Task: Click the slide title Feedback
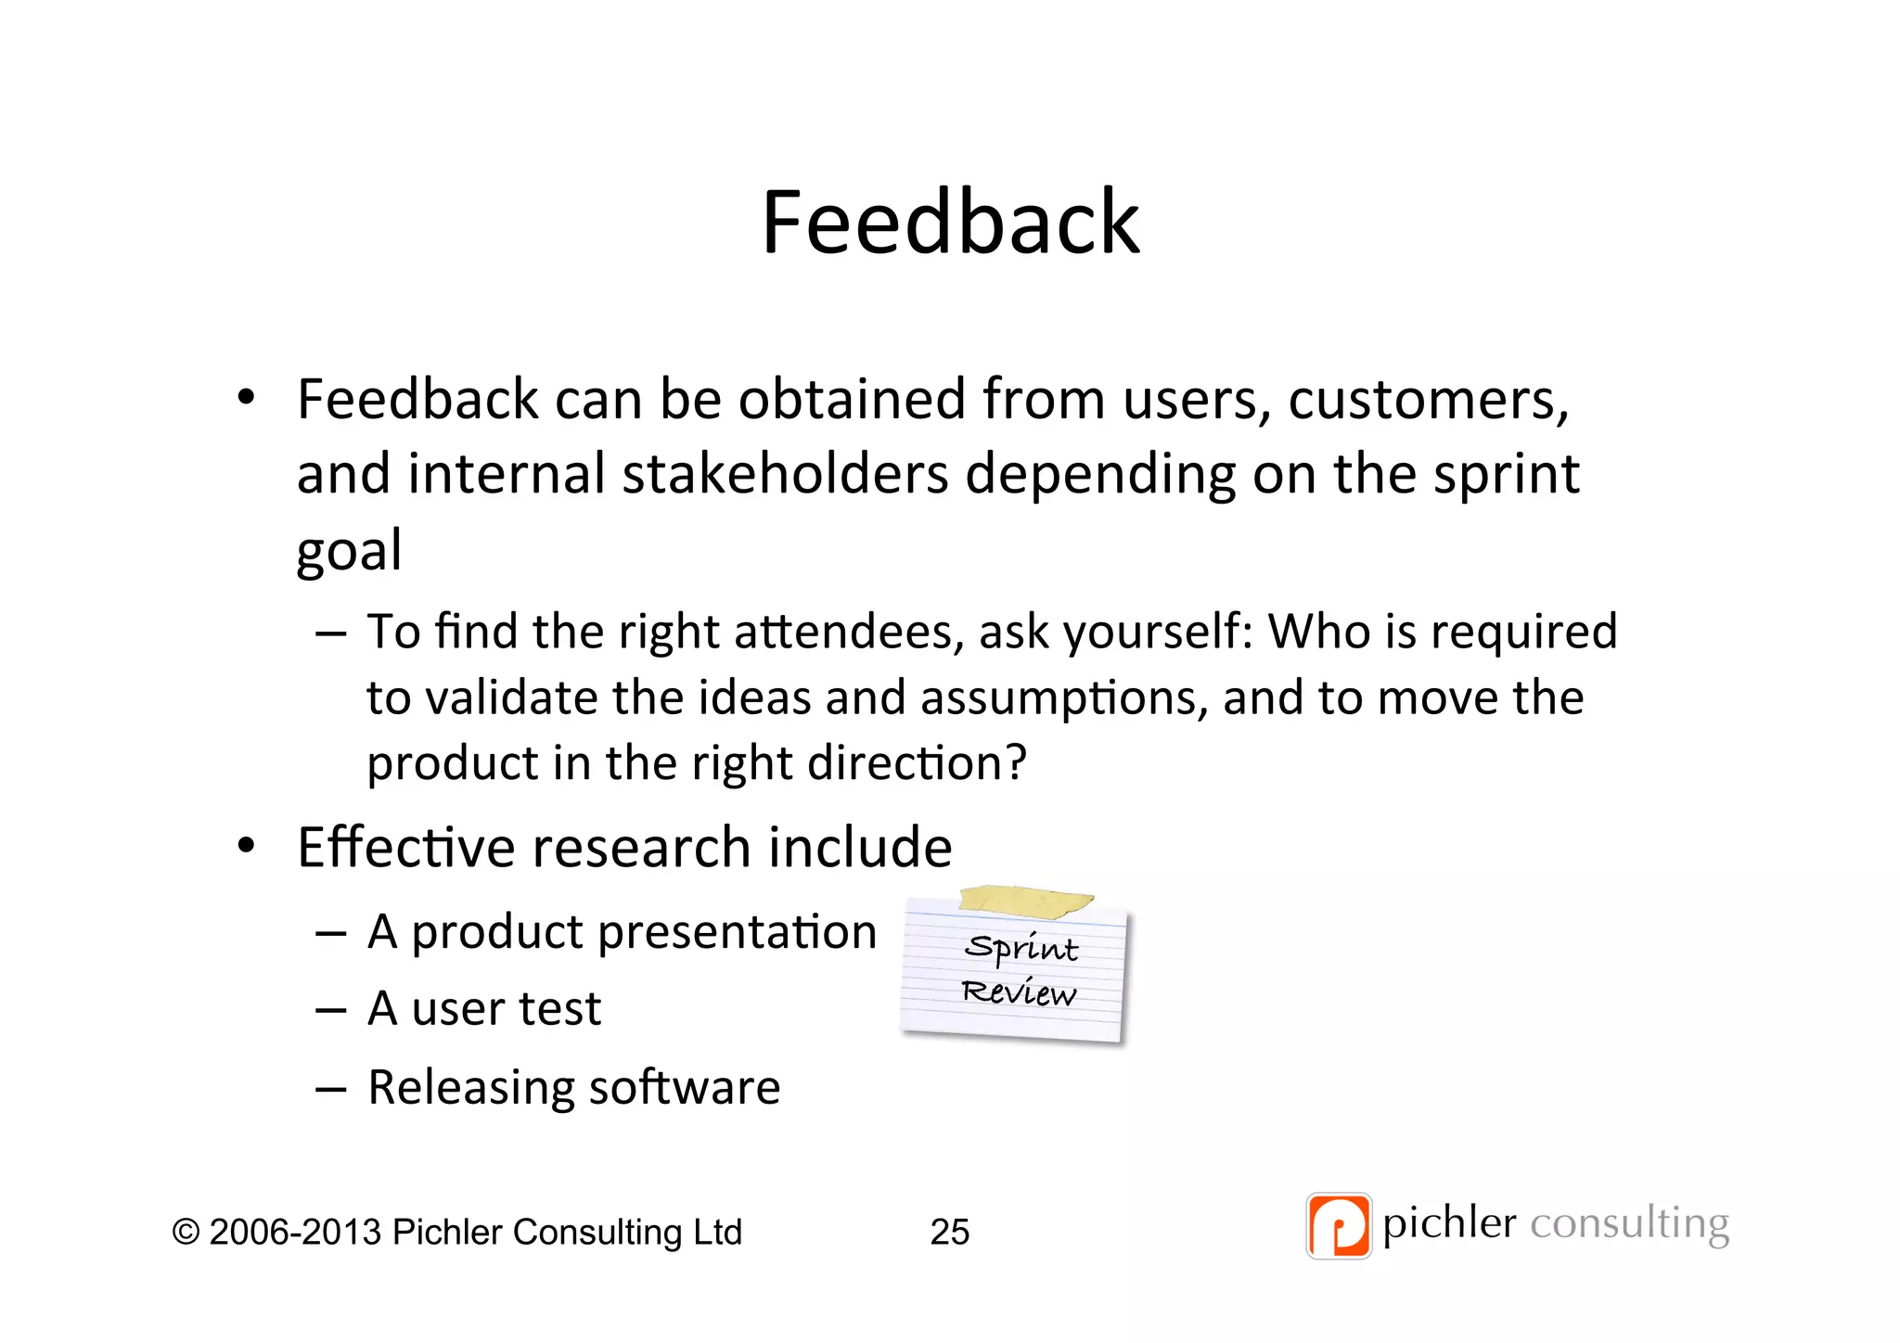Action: pos(950,223)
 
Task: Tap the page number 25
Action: pos(949,1232)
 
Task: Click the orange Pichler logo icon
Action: pos(1338,1225)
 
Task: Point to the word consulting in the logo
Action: pos(1629,1224)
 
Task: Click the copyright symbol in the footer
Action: pos(186,1233)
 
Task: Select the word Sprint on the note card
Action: pos(1021,949)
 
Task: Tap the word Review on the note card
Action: pos(1019,992)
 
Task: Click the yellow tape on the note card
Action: pos(1025,900)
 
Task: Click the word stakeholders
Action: pos(785,474)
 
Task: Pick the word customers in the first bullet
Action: pos(1427,400)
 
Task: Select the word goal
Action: pos(349,550)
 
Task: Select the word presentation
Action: pos(737,931)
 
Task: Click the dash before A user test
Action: pos(330,1010)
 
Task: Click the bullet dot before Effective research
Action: pos(245,846)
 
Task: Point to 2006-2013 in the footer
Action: pos(295,1233)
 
